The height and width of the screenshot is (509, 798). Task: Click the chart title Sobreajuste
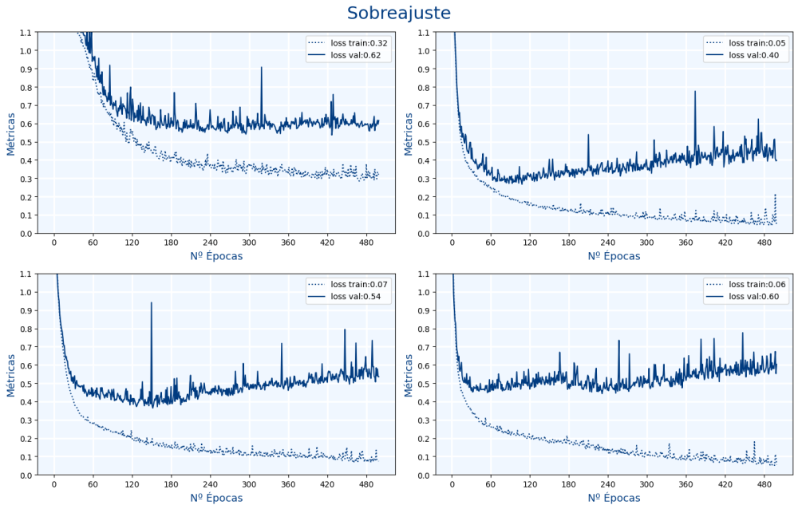point(398,14)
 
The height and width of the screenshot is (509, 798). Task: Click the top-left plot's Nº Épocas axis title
point(216,256)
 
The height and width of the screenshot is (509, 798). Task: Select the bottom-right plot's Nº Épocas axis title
point(614,498)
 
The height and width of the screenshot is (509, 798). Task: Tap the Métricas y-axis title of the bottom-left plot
point(11,375)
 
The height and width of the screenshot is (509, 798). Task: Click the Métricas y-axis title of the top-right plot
point(409,133)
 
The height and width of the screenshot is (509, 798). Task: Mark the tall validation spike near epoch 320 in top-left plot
point(261,69)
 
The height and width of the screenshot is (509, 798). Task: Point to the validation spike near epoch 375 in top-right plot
point(695,93)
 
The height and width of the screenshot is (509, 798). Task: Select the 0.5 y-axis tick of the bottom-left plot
point(26,384)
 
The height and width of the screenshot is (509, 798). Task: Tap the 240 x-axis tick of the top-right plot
point(607,242)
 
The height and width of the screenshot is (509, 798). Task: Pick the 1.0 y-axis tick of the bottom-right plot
point(425,292)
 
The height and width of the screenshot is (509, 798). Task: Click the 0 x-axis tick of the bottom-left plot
point(54,483)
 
